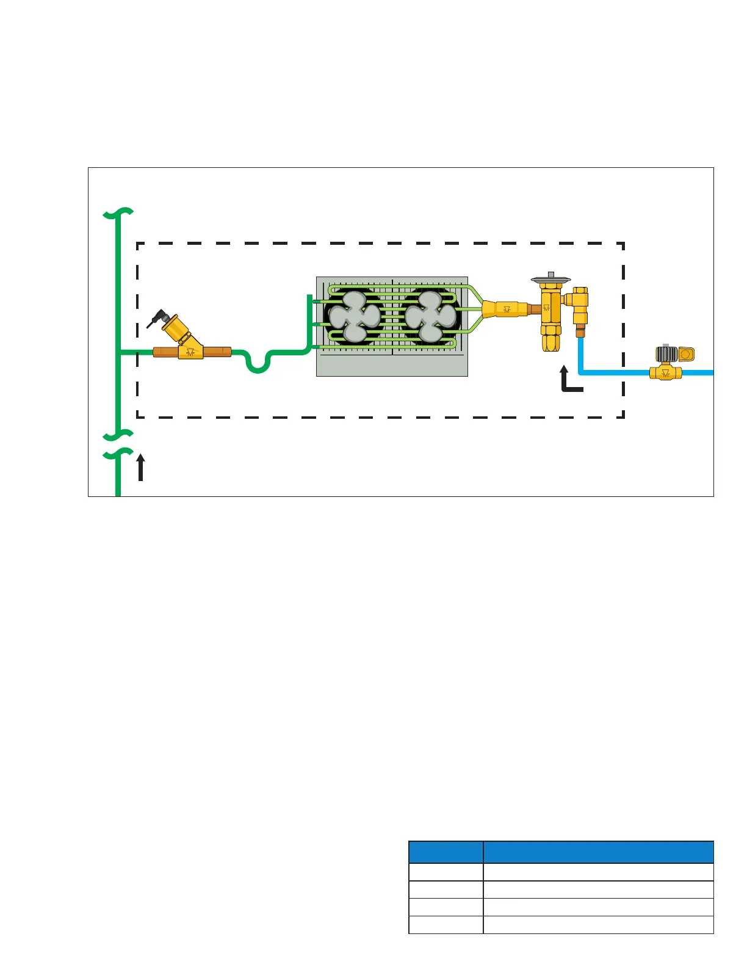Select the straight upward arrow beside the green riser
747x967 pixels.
tap(141, 467)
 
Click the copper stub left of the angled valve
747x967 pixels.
tap(165, 352)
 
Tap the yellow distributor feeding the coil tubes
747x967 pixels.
tap(504, 309)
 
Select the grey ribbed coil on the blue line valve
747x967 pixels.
tap(666, 353)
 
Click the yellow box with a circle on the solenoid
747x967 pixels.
tap(687, 354)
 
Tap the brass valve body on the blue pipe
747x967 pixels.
tap(665, 372)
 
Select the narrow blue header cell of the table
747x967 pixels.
tap(446, 852)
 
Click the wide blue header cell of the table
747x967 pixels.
tap(598, 852)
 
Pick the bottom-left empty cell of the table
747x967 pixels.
tap(446, 925)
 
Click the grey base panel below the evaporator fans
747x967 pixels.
tap(392, 365)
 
